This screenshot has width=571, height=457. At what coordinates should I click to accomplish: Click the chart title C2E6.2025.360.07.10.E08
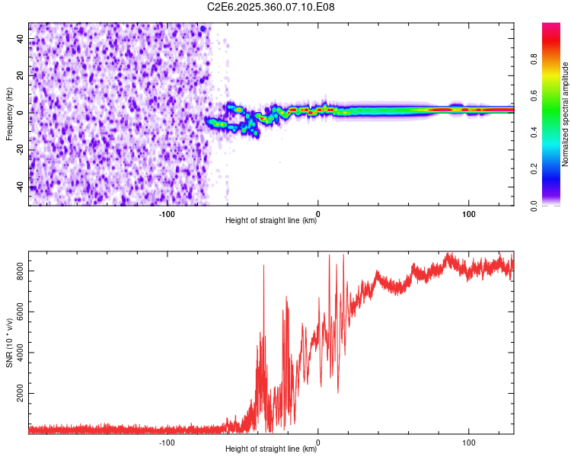(x=272, y=7)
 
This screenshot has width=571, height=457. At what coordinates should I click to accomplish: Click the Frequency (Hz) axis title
(x=9, y=113)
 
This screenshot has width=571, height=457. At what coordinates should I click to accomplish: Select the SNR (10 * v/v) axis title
(x=9, y=341)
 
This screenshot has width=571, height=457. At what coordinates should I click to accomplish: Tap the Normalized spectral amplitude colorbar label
(x=566, y=113)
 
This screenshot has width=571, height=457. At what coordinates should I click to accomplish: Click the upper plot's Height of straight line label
(x=271, y=221)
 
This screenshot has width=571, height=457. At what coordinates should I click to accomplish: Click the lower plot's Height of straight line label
(x=271, y=449)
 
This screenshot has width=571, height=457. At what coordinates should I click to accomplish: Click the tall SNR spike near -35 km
(x=263, y=267)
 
